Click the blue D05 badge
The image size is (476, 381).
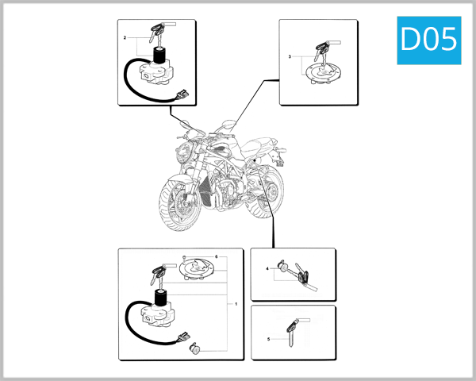click(428, 39)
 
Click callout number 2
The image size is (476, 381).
click(125, 38)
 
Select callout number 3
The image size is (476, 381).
click(290, 58)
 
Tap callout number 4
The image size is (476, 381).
click(268, 270)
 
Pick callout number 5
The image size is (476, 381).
click(268, 339)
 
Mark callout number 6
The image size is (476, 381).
click(216, 257)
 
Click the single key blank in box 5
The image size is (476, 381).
click(293, 329)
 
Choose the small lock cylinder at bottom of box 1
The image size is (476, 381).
click(195, 347)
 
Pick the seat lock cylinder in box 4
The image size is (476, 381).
click(284, 268)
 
